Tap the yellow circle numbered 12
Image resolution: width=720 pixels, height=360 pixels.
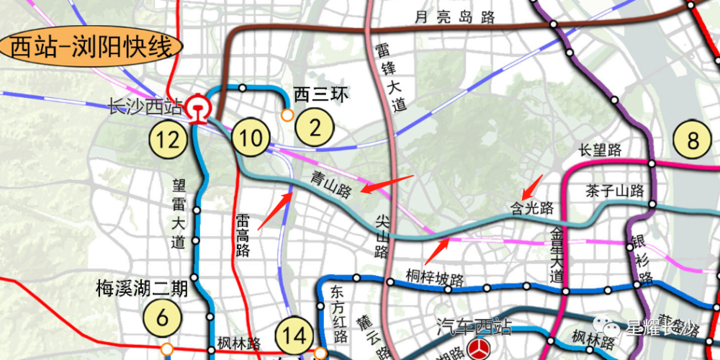168,139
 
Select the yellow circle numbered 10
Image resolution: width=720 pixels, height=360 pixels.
251,138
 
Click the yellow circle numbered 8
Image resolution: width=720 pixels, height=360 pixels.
693,140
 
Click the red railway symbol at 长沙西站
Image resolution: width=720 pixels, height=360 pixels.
196,109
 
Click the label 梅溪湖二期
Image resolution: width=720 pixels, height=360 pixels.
142,289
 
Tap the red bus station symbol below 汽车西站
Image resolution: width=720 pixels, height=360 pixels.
477,350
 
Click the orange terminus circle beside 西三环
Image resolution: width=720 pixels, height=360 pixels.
287,114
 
